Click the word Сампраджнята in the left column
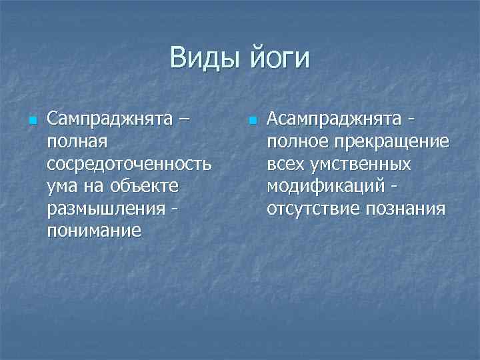(109, 120)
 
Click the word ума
(63, 187)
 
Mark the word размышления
(105, 209)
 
